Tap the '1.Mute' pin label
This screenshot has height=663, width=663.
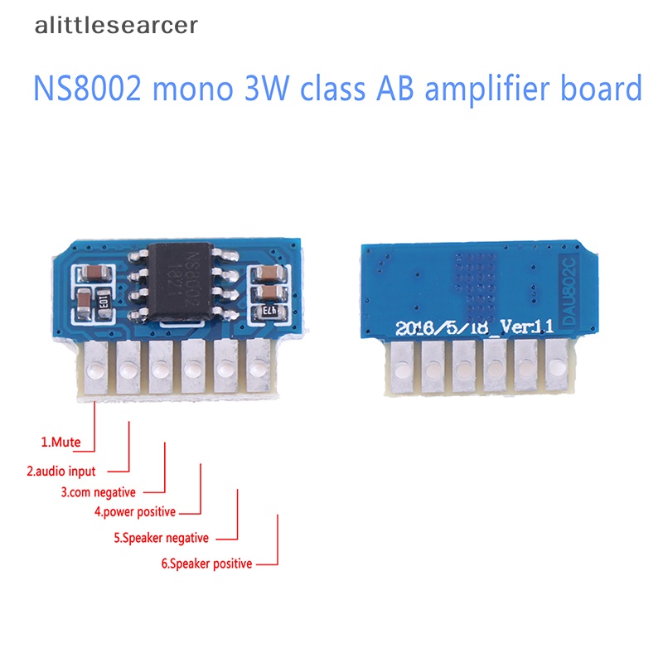coord(61,442)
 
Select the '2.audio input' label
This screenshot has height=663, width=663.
coord(61,471)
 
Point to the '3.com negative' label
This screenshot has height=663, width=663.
coord(98,491)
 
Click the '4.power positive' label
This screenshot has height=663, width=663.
coord(135,511)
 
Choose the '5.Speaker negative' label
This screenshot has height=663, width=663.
coord(161,538)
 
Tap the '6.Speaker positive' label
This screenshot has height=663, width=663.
coord(206,564)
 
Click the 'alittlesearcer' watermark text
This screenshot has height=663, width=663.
coord(117,26)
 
